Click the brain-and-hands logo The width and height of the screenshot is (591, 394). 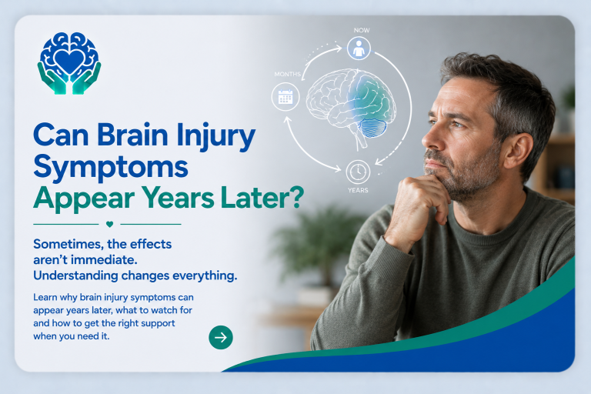[x=69, y=63]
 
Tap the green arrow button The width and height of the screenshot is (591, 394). [x=221, y=337]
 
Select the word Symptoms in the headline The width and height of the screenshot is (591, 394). [x=111, y=166]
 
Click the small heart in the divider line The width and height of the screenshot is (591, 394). [x=110, y=225]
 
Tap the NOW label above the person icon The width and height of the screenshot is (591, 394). [x=362, y=30]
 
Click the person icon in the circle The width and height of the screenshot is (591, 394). [x=359, y=48]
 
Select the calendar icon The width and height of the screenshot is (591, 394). [x=285, y=96]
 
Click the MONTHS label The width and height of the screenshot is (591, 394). [x=288, y=75]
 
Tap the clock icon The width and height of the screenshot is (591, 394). [x=358, y=172]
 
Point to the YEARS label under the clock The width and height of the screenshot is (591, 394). [x=358, y=190]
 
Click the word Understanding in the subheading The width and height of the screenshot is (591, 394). [x=75, y=276]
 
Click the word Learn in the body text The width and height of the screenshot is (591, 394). [x=45, y=297]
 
